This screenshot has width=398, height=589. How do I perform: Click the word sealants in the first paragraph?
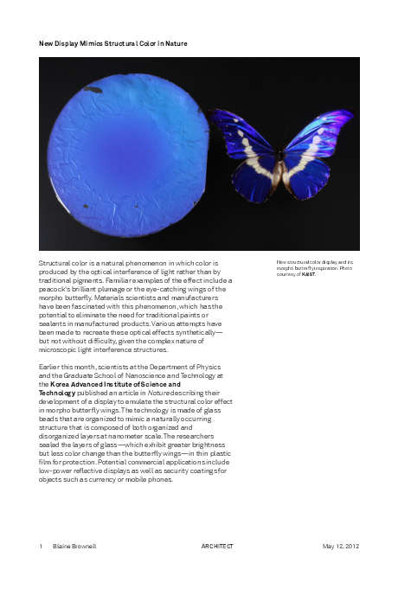tap(55, 323)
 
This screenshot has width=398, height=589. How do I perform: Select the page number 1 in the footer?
tap(41, 547)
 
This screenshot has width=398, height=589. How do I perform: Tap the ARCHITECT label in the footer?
tap(217, 547)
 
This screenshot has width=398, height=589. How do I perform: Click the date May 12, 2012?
tap(340, 547)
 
